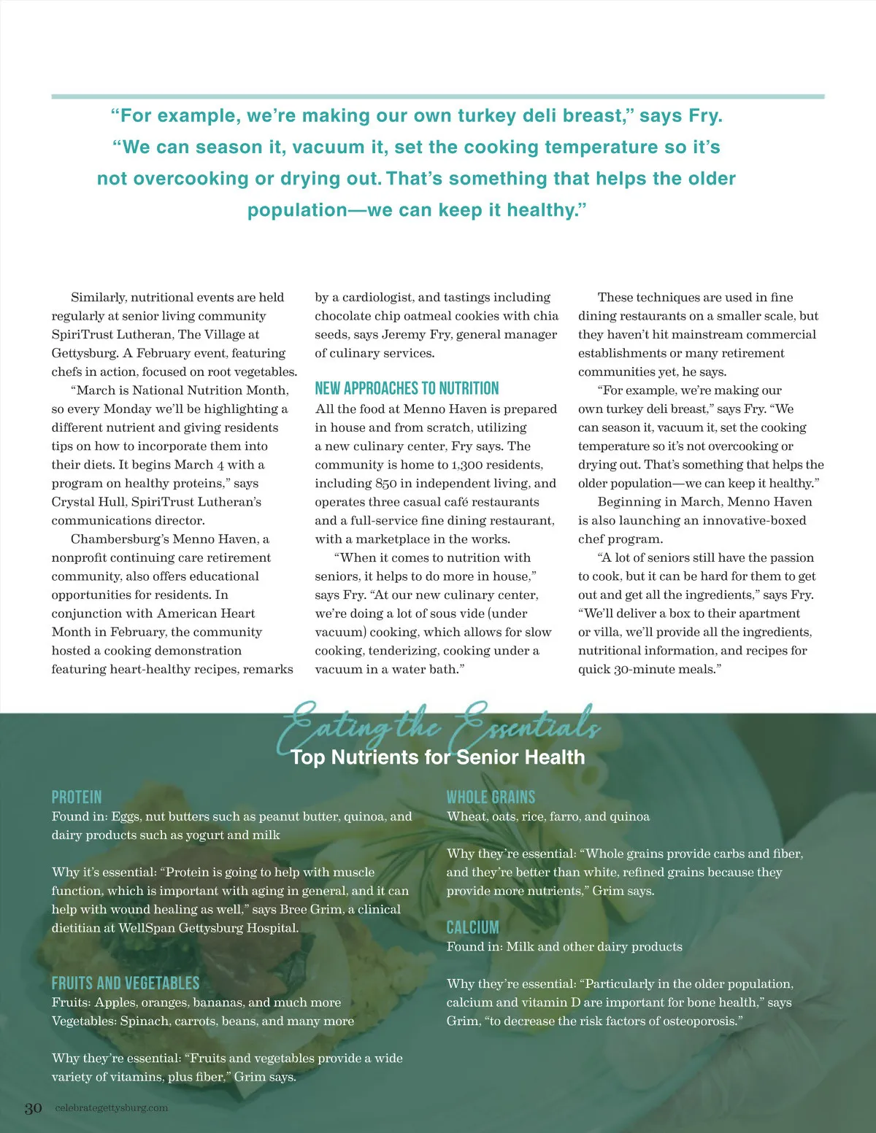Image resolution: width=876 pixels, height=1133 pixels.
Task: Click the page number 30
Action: [x=34, y=1108]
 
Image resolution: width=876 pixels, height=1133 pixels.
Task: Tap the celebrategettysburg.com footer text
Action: [x=112, y=1107]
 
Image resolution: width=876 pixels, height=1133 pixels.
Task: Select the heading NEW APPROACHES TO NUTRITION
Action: [x=407, y=388]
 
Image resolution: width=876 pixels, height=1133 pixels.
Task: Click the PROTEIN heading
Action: [x=77, y=797]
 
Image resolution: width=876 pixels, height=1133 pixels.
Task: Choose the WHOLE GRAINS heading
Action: [x=491, y=797]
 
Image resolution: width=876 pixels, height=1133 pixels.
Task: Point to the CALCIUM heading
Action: [x=472, y=927]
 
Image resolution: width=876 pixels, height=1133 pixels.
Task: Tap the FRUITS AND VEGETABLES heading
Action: [x=125, y=983]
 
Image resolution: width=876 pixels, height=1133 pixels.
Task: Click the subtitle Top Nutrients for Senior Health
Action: [x=438, y=757]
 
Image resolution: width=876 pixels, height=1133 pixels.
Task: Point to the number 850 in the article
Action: [x=386, y=483]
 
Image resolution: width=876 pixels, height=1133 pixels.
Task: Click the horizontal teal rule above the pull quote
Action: [x=438, y=96]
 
